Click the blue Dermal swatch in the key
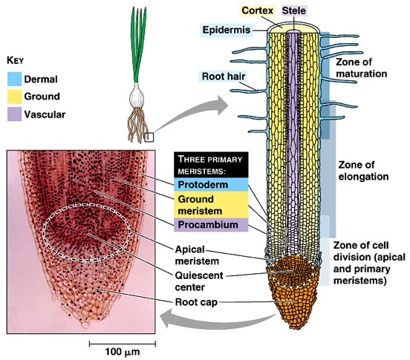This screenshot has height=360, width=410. pos(14,79)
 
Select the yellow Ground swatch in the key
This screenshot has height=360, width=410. pos(14,96)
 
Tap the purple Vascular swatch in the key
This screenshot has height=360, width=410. pos(14,114)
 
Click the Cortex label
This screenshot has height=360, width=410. pos(257,10)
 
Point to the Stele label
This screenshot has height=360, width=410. pos(293,10)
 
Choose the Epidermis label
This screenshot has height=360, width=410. pos(227,30)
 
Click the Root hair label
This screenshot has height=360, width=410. pos(224,76)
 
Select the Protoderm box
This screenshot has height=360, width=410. pos(211,184)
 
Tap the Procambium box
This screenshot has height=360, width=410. pos(211,225)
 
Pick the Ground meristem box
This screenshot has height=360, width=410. pos(211,205)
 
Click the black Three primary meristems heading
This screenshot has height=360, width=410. pos(211,165)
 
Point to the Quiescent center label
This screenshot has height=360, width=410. pos(199,281)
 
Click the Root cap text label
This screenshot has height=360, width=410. pos(196,302)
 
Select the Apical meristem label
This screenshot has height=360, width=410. pos(197,255)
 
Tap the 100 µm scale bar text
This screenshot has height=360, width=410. pos(123,352)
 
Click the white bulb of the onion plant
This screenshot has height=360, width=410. pos(137,95)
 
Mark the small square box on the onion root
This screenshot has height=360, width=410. pos(149,137)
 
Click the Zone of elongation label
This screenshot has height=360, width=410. pos(363,171)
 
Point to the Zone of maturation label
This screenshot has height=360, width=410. pos(361,68)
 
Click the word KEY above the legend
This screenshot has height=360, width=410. pos(15,60)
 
